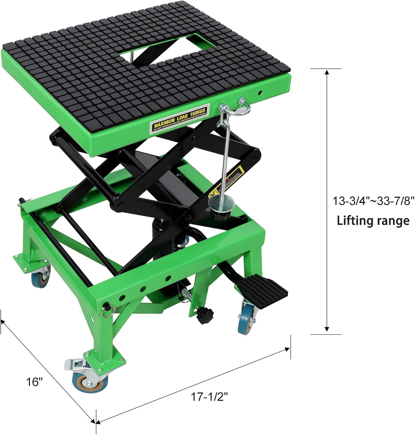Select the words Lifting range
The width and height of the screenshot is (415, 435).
[373, 221]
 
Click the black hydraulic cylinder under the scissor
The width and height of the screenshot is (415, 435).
[161, 235]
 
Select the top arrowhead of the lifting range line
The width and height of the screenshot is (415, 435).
[327, 72]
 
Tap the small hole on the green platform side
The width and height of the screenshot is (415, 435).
[260, 93]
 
